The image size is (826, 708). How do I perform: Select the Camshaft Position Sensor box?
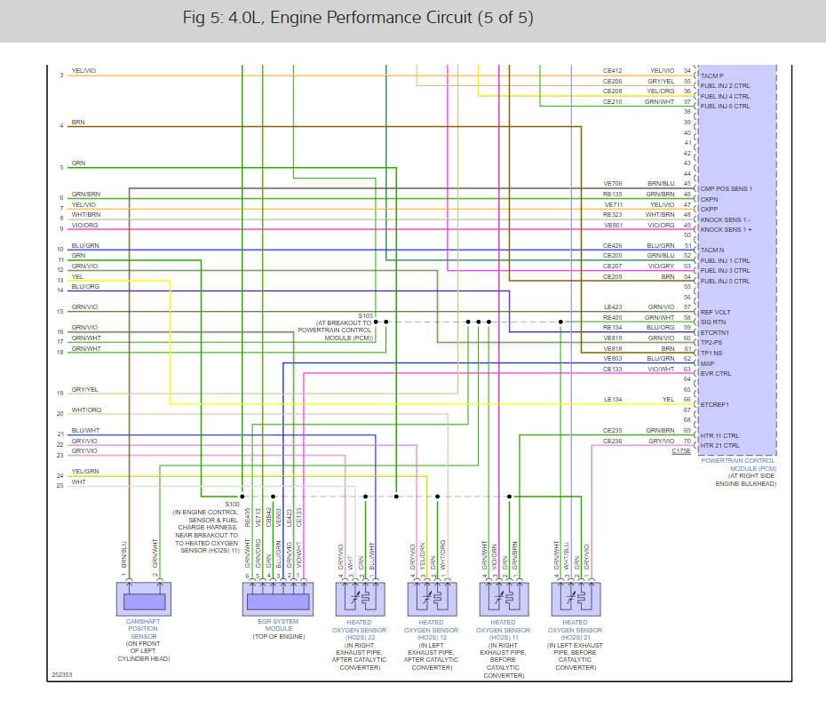(x=142, y=599)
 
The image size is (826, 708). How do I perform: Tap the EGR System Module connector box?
(x=278, y=599)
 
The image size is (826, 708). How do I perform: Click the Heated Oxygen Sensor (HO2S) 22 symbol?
(x=359, y=599)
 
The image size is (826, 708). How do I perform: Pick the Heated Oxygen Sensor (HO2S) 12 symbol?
(x=431, y=599)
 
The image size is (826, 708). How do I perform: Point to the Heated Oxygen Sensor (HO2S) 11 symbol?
(x=503, y=599)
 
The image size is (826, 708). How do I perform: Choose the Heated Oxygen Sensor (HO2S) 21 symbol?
(x=575, y=599)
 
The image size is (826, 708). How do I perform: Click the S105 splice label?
(x=366, y=315)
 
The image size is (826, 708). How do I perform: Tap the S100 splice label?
(x=233, y=504)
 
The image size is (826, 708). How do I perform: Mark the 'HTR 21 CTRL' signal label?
(x=719, y=445)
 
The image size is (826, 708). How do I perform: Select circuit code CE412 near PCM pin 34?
(x=613, y=71)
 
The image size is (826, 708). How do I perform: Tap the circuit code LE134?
(x=613, y=400)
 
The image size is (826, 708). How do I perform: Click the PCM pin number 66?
(x=687, y=400)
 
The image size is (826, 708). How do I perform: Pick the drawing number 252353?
(x=61, y=674)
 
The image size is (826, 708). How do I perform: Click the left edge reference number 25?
(x=60, y=485)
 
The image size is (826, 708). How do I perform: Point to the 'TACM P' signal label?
(x=712, y=76)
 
